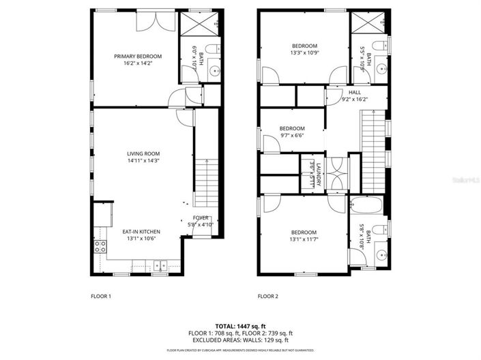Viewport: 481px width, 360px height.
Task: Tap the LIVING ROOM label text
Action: point(143,154)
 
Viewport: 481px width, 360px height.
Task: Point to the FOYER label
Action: point(201,218)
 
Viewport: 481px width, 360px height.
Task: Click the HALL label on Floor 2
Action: point(355,92)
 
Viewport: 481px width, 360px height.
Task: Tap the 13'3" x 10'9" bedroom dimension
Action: point(304,52)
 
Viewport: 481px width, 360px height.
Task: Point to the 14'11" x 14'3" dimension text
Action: point(143,162)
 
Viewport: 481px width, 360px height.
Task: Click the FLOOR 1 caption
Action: point(100,297)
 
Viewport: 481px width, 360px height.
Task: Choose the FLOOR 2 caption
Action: point(267,297)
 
